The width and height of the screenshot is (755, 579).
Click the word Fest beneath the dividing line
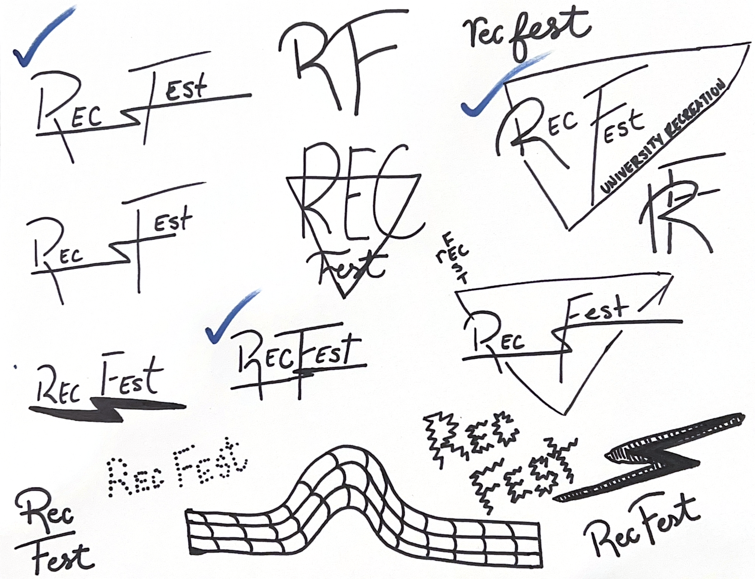point(60,557)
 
